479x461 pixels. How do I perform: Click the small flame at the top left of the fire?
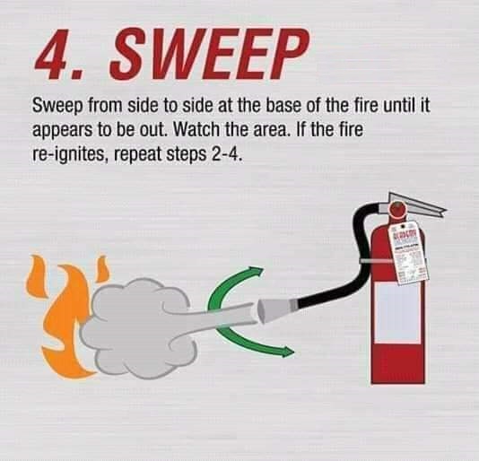37,268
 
